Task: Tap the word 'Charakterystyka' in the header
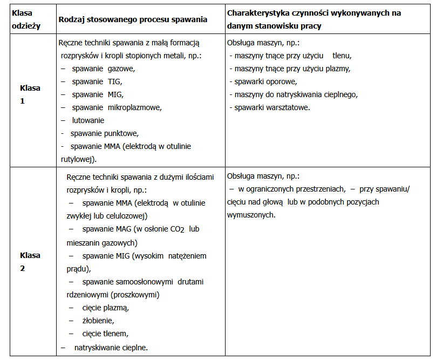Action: tap(257, 13)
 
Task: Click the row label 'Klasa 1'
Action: tap(30, 94)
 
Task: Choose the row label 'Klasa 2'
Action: tap(30, 262)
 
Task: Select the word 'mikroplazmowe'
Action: tap(134, 107)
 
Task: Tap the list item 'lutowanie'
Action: tap(88, 120)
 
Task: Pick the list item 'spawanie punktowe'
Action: tap(104, 133)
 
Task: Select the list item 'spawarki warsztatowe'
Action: tap(272, 107)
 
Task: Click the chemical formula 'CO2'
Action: tap(178, 229)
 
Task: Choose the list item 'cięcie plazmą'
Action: tap(106, 308)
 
